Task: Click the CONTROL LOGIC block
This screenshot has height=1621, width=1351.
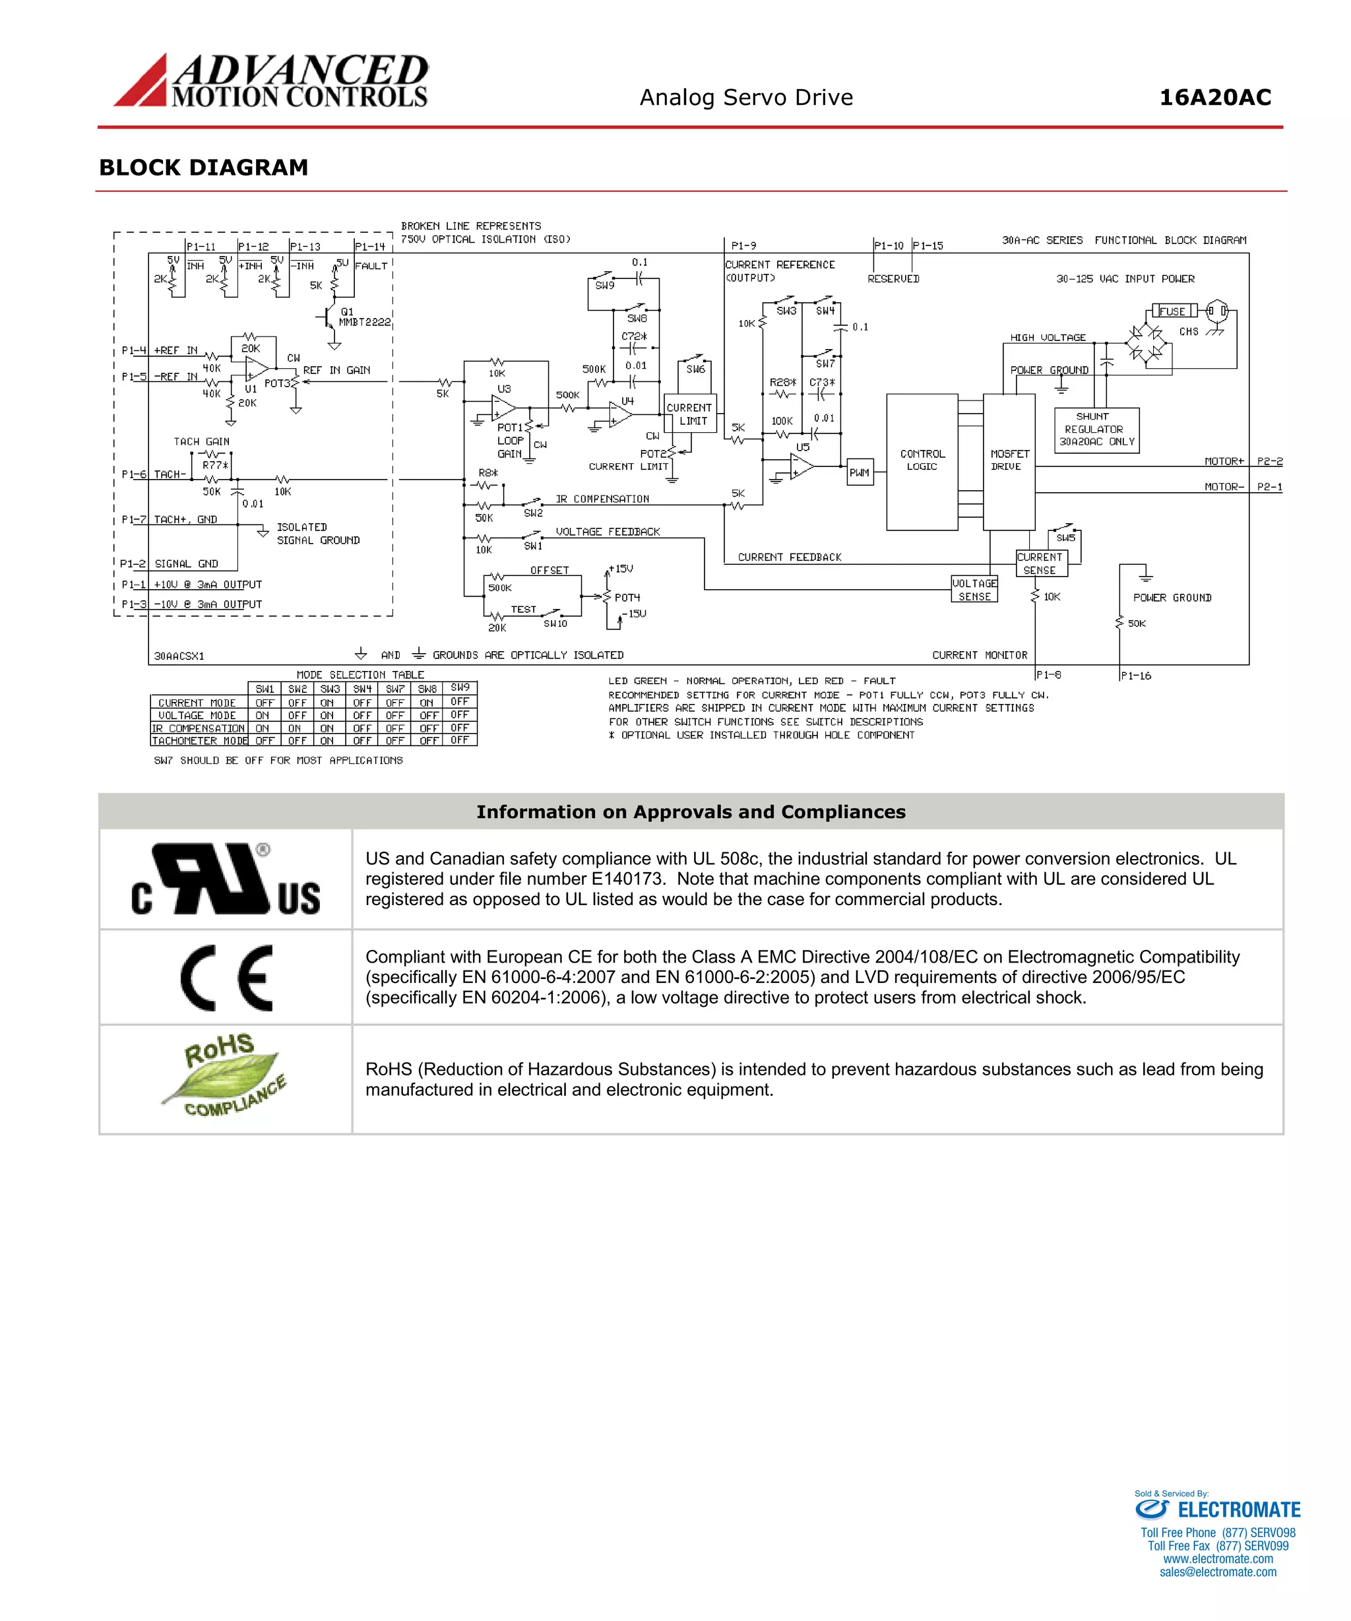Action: click(922, 462)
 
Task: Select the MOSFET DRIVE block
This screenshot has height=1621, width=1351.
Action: click(1008, 462)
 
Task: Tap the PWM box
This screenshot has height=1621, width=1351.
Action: click(860, 472)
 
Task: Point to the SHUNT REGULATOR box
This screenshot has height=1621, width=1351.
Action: click(1096, 429)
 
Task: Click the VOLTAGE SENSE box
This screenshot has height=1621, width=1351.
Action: click(974, 590)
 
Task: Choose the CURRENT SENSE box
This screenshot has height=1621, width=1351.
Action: click(1040, 563)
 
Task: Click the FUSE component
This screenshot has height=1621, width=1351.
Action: click(1172, 311)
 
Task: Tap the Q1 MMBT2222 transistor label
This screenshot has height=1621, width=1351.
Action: click(363, 317)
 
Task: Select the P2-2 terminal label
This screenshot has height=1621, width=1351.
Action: click(1269, 461)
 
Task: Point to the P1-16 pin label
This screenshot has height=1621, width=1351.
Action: click(1135, 676)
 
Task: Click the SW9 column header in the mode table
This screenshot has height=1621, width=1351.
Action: click(460, 687)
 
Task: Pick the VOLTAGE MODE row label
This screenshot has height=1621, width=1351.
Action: click(198, 716)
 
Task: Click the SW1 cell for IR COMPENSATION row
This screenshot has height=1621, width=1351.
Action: click(263, 728)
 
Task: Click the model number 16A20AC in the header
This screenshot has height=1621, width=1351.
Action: click(1214, 98)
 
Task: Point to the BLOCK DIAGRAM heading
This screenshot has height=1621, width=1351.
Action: click(204, 168)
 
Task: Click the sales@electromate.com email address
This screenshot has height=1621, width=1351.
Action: click(1218, 1572)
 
